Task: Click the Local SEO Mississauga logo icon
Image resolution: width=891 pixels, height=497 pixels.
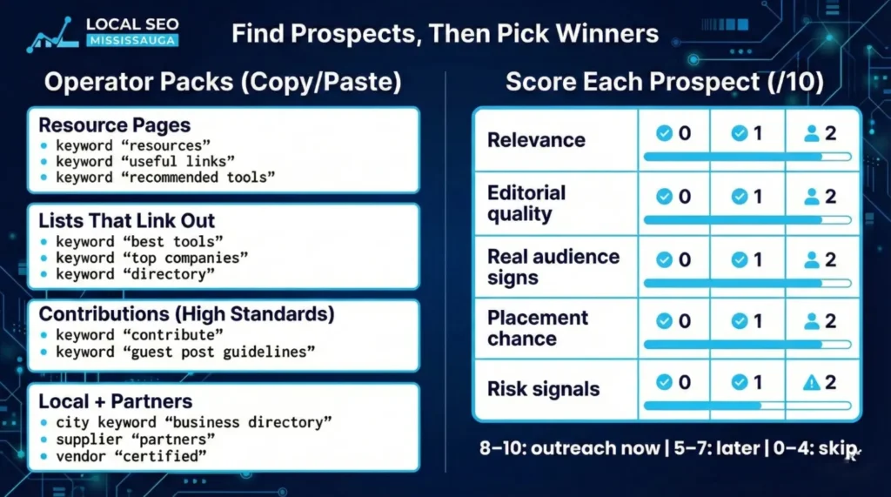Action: click(x=54, y=35)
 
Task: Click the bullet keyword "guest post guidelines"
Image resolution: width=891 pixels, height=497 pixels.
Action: click(x=184, y=352)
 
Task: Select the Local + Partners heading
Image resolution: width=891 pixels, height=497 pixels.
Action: click(x=116, y=403)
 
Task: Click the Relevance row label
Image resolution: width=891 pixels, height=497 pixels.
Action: click(x=536, y=140)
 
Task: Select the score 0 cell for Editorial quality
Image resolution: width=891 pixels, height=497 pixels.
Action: click(x=673, y=197)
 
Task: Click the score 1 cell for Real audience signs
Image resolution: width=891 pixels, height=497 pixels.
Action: click(x=747, y=259)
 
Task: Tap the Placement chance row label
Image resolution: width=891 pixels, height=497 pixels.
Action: click(x=538, y=328)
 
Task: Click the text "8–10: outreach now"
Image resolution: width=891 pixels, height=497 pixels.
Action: click(x=570, y=448)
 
